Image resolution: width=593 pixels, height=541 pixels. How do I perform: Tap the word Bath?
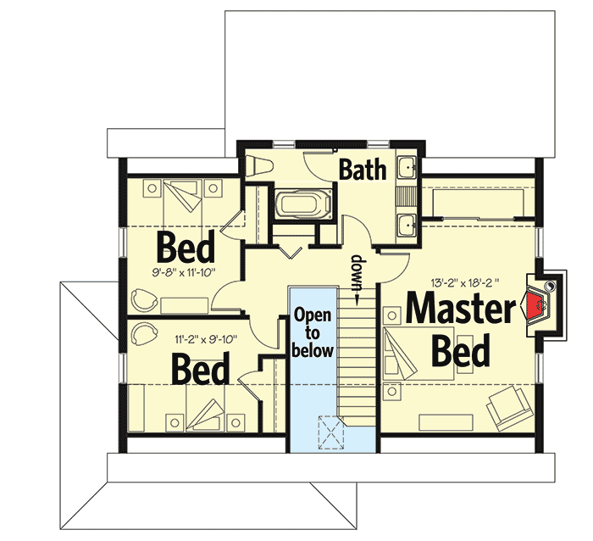(363, 169)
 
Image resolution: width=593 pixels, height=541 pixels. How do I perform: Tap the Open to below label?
(313, 332)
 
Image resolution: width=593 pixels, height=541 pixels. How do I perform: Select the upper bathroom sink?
(407, 167)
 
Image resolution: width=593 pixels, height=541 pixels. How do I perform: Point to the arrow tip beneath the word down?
(357, 300)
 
